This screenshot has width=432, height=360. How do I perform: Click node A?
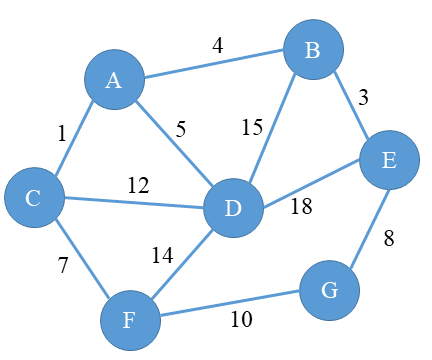point(113,81)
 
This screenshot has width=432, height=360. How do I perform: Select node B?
point(313,49)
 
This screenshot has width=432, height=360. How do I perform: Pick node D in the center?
point(233,209)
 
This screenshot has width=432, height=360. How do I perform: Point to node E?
point(389,161)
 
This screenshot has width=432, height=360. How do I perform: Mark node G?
point(328,291)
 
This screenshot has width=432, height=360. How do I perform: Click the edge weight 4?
point(217,45)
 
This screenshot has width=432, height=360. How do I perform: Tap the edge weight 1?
point(61,133)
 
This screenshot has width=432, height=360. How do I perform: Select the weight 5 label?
point(181,128)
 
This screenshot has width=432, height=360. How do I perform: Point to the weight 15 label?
point(252,128)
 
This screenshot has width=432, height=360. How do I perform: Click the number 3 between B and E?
point(365,97)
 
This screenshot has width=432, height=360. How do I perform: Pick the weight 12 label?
point(139,185)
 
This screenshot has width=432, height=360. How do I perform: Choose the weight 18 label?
point(302,207)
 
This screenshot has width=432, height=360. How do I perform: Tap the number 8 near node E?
point(390,239)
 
